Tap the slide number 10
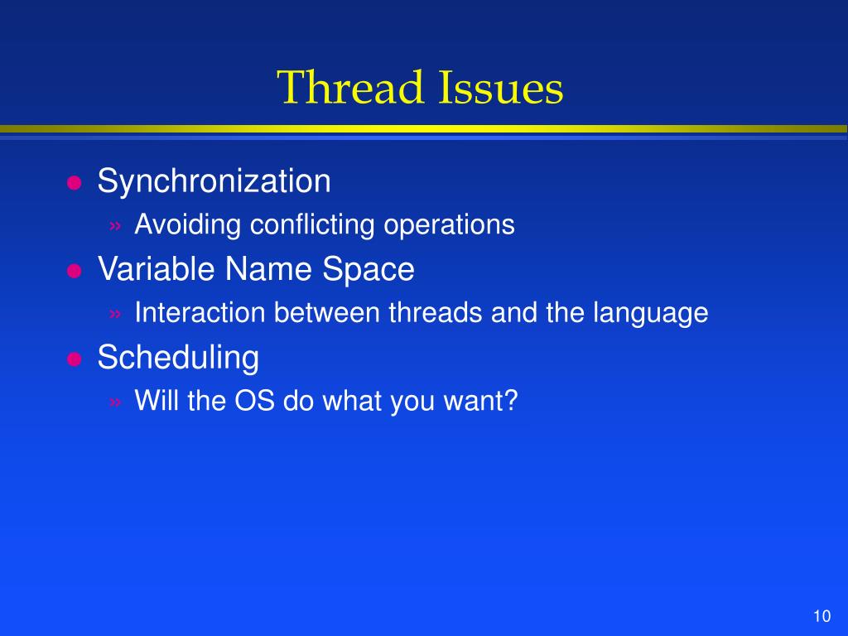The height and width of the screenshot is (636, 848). pos(821,616)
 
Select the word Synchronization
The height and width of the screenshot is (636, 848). pos(214,181)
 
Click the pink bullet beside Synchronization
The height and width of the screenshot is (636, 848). pos(74,183)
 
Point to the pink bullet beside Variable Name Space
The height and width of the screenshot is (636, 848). pos(74,271)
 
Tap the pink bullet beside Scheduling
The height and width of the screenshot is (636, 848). pos(74,359)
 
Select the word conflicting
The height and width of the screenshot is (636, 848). pos(314,225)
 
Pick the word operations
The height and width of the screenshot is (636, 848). pos(450,225)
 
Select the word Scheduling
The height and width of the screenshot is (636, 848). pos(178,358)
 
